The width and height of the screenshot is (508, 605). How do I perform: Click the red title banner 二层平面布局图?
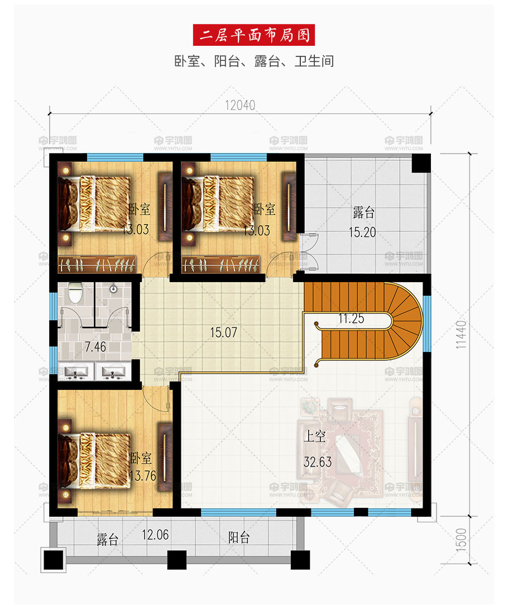point(253,35)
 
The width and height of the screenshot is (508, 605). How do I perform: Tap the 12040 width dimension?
point(239,105)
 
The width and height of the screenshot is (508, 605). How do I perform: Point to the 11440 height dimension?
point(461,334)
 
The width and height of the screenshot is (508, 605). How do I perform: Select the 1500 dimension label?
point(461,539)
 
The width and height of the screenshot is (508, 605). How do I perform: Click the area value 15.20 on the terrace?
point(362,232)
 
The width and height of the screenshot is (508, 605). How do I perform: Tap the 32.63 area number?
point(317,462)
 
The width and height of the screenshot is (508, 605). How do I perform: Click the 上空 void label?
point(315,436)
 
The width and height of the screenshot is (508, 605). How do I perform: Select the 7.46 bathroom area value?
point(95,346)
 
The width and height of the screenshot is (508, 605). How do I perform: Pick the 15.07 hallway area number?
point(223,332)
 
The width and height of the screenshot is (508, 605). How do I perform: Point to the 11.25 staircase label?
point(351,318)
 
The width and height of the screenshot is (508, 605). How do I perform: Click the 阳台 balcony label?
point(238,537)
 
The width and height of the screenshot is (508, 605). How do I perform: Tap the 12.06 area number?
point(155,535)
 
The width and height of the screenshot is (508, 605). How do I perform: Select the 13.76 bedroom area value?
point(143,475)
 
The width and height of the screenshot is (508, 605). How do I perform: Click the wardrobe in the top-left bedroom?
point(97,264)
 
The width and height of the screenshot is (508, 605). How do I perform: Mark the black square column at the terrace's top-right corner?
point(421,163)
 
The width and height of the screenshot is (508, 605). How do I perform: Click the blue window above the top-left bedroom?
point(115,157)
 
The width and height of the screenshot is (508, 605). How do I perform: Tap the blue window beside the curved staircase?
point(427,323)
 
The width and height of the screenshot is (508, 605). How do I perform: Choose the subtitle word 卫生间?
point(314,61)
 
